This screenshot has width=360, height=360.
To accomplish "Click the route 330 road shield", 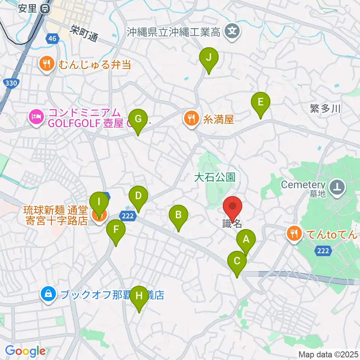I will click(x=11, y=83).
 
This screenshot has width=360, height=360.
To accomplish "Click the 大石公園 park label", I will click(x=214, y=177).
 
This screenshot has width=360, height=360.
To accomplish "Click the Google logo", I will click(x=25, y=351).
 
